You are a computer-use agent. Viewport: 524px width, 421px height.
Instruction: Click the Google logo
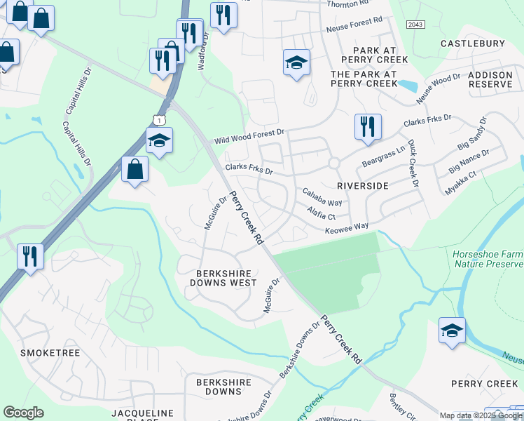(24, 413)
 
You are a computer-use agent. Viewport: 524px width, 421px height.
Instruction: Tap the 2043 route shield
(415, 24)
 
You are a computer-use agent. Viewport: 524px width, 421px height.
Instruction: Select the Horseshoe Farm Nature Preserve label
(488, 259)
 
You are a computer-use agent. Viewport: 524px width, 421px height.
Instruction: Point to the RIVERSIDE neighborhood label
(362, 185)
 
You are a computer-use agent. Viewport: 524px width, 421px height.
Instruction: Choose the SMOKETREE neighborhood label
(50, 352)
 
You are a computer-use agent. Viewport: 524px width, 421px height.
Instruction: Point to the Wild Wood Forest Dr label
(249, 135)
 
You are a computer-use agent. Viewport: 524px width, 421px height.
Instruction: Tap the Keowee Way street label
(346, 229)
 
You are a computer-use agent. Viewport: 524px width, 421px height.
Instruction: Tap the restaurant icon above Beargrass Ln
(368, 127)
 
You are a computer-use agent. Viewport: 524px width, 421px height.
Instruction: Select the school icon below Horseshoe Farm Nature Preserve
(452, 330)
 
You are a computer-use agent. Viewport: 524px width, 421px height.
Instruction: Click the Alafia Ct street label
(322, 213)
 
